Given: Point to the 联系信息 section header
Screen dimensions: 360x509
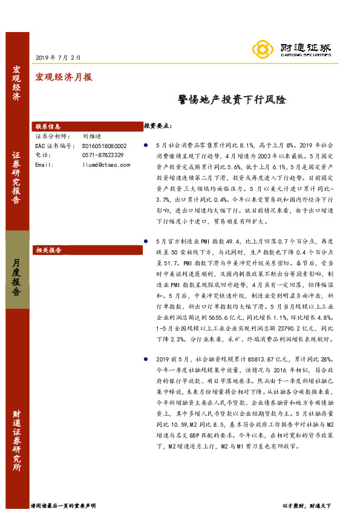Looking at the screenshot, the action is (x=48, y=128).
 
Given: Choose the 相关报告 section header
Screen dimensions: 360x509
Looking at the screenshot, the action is (x=48, y=249).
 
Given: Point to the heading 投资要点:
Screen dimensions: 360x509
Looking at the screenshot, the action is (x=158, y=126).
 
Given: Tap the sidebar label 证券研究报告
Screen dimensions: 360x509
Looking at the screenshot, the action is (x=16, y=178).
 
